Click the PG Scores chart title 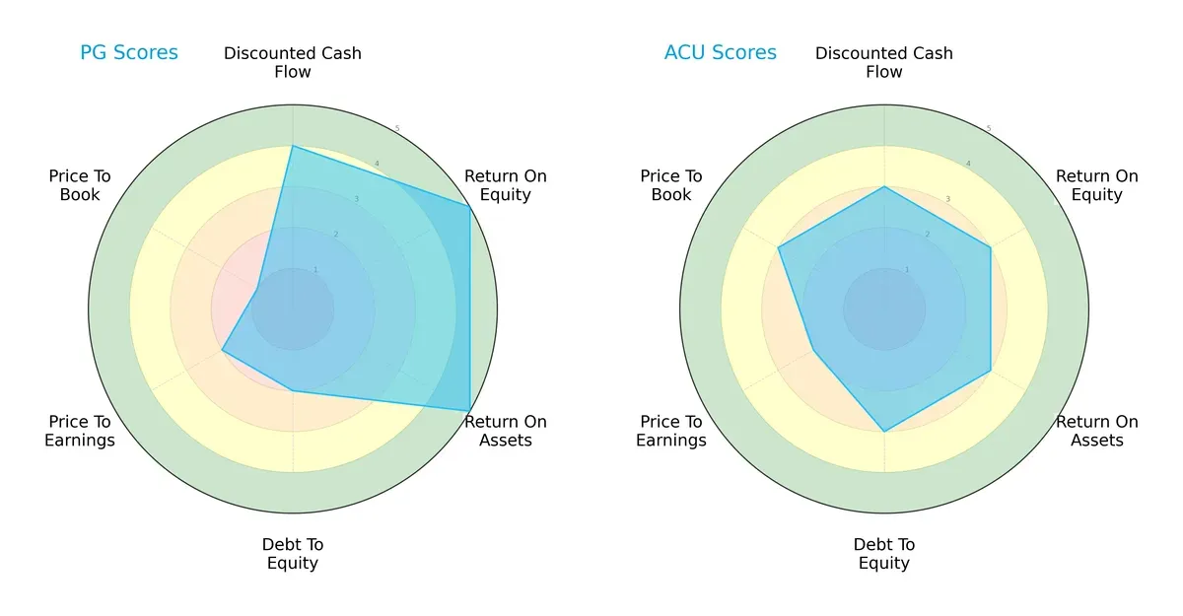click(x=129, y=53)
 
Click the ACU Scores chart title click(x=720, y=53)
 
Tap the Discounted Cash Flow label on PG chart click(x=293, y=62)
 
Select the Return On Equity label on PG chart click(x=506, y=185)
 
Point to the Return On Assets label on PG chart click(x=506, y=431)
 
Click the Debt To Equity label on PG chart click(x=293, y=554)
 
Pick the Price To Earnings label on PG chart click(x=80, y=431)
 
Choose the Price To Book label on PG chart click(x=80, y=185)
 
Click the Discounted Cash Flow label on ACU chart click(x=884, y=62)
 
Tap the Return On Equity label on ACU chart click(x=1097, y=185)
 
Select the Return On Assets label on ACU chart click(x=1097, y=431)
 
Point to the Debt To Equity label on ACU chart click(x=884, y=554)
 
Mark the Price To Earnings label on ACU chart click(x=671, y=431)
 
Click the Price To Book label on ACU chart click(x=671, y=185)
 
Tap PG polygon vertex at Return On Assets click(x=469, y=411)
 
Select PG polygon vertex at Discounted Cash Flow click(x=293, y=146)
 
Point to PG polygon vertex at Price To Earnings click(x=222, y=350)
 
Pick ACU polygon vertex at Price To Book click(x=779, y=247)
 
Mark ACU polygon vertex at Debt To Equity click(x=884, y=432)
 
